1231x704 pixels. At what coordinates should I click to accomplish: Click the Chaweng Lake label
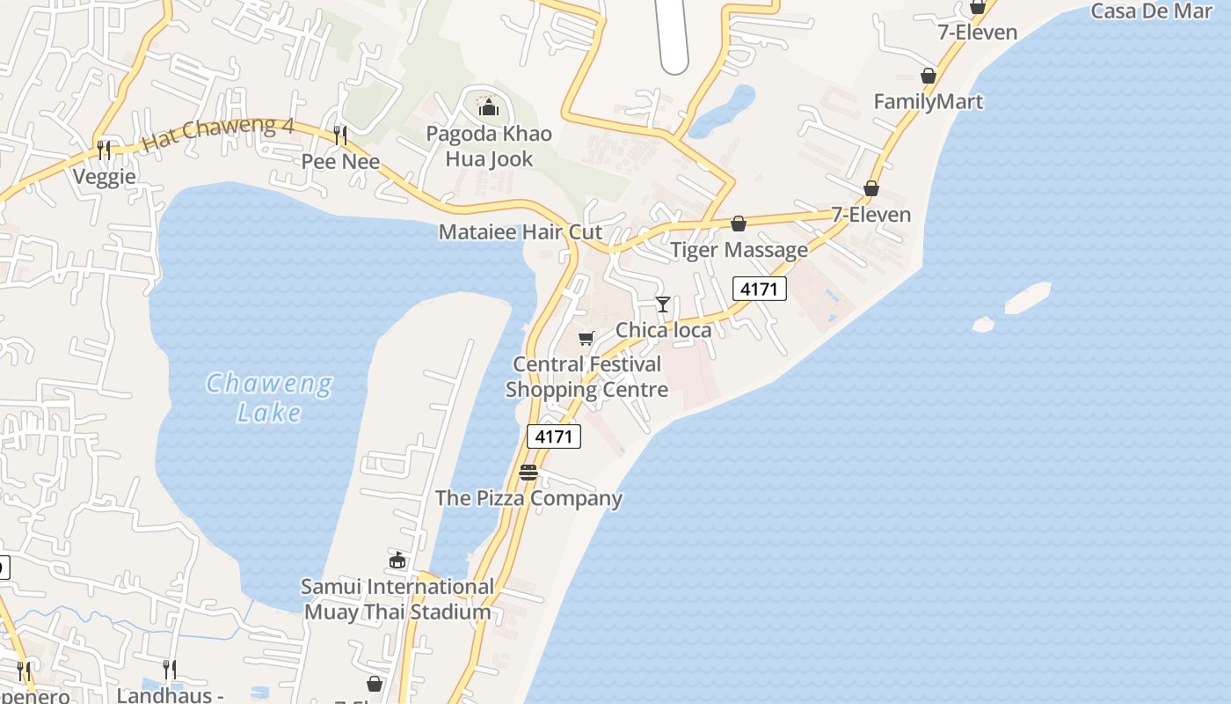(x=269, y=398)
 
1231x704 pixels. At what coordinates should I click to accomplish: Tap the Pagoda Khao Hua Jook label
(x=489, y=146)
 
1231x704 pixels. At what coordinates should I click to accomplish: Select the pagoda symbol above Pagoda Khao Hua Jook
(x=488, y=107)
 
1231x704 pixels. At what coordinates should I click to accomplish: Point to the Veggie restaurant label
(x=105, y=177)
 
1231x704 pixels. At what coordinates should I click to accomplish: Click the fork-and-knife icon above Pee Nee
(x=340, y=135)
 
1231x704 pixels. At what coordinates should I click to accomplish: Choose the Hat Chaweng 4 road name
(x=217, y=133)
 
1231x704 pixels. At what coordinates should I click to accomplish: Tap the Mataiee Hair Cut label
(x=521, y=232)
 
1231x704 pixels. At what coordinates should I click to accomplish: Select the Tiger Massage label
(x=739, y=250)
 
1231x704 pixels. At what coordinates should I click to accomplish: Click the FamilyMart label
(x=928, y=102)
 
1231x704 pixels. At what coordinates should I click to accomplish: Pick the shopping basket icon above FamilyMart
(x=928, y=76)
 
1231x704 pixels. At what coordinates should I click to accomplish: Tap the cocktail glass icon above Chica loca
(x=663, y=304)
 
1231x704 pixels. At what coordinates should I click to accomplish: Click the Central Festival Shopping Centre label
(x=586, y=377)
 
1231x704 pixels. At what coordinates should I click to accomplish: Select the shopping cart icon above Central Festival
(x=586, y=339)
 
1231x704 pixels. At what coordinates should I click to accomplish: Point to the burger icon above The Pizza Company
(x=528, y=473)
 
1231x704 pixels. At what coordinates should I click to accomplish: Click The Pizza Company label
(x=528, y=498)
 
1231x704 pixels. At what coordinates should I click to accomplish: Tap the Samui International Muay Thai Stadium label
(x=397, y=599)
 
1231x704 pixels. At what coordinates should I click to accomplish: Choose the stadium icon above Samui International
(x=397, y=560)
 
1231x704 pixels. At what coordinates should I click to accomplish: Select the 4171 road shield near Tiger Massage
(x=759, y=289)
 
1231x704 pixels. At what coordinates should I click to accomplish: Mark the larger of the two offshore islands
(x=1027, y=297)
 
